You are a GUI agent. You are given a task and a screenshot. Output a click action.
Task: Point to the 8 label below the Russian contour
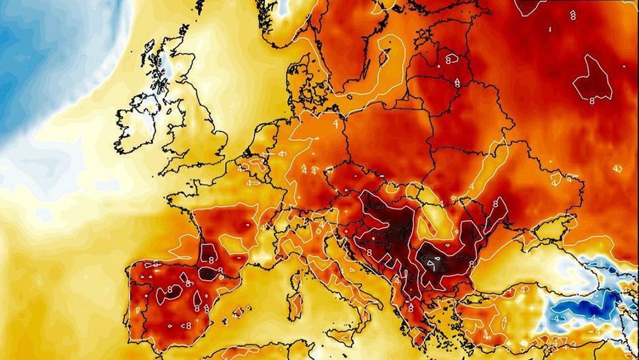point(591,100)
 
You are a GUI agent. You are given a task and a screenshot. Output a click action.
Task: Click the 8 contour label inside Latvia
point(449,59)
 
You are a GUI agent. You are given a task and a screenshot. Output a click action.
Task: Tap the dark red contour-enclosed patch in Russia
point(593,75)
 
